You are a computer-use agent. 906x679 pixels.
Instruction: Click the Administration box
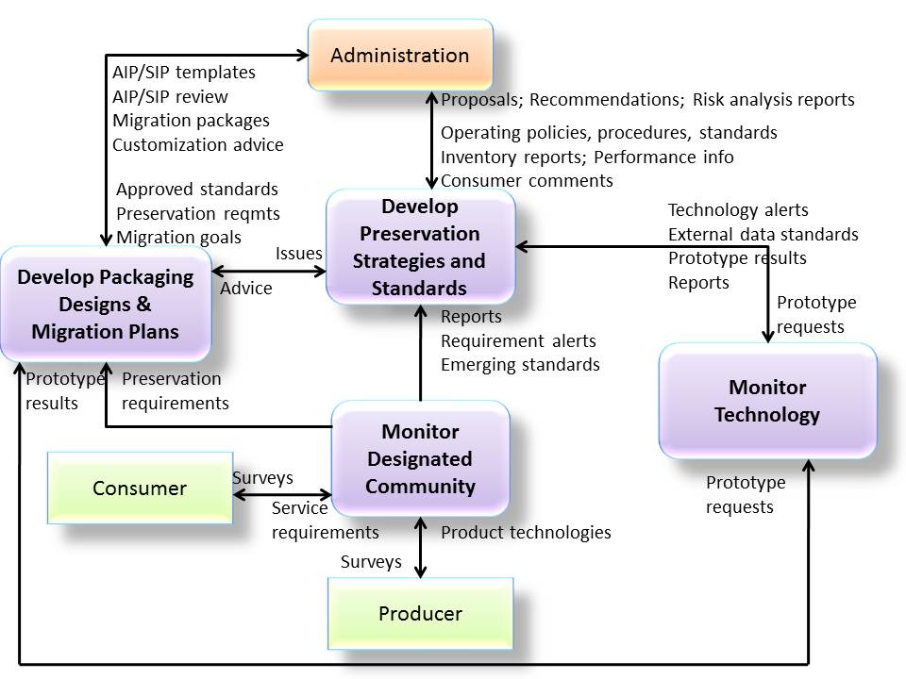(400, 56)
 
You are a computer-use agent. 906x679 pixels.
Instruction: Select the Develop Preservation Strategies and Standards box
(420, 247)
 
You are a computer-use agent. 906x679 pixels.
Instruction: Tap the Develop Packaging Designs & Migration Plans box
(105, 305)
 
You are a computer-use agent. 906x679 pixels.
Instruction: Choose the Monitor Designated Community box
(420, 459)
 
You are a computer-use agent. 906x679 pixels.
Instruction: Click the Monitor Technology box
(766, 401)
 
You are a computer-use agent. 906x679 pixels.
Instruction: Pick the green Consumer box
(140, 489)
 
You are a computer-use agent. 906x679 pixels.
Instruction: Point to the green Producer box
(420, 614)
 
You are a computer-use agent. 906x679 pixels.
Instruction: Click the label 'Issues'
(298, 254)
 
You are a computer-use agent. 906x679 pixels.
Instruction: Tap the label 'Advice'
(246, 289)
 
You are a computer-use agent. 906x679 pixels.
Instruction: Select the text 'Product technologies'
(526, 533)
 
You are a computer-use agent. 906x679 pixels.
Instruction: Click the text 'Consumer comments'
(527, 180)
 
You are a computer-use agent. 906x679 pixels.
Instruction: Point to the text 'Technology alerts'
(738, 210)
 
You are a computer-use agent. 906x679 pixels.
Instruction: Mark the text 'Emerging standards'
(520, 364)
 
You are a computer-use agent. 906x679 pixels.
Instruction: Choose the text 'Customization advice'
(197, 145)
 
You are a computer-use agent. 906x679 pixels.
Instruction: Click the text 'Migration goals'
(178, 238)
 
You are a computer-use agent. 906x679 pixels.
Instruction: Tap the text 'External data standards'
(763, 234)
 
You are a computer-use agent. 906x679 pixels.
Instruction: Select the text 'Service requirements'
(325, 521)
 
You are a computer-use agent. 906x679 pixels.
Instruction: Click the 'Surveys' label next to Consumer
(262, 478)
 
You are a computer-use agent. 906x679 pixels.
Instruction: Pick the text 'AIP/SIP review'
(170, 96)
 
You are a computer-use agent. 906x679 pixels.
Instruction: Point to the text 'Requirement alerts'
(518, 340)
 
